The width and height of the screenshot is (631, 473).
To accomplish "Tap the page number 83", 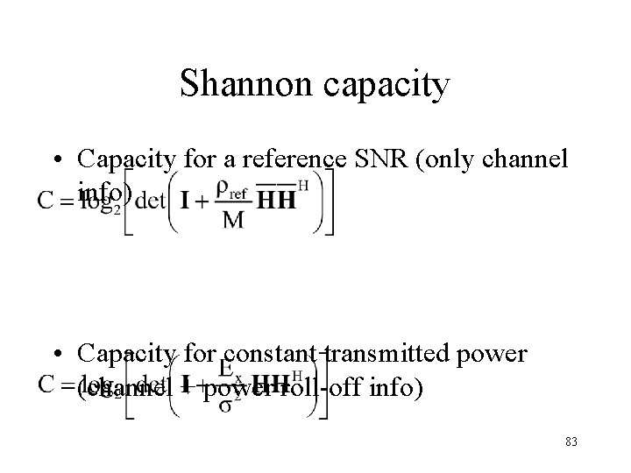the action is pos(571,442).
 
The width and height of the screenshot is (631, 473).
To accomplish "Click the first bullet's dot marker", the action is pos(59,159).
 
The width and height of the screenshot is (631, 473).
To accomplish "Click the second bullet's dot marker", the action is pos(59,354).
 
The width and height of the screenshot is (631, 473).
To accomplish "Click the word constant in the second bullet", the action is pos(260,354).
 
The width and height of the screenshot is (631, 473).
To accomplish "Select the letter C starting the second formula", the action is pos(46,385).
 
